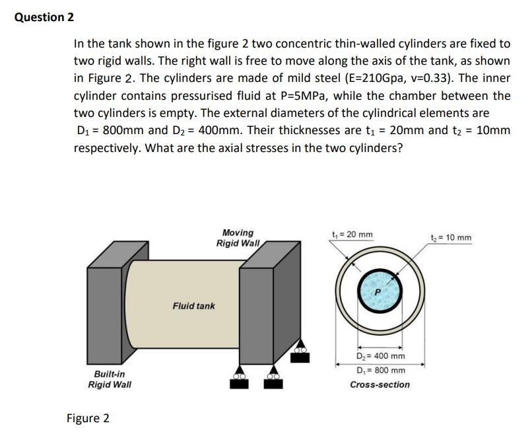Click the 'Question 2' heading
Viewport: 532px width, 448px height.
point(44,17)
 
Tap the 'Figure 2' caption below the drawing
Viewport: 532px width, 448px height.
point(88,418)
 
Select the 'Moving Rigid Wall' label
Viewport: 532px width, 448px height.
point(238,237)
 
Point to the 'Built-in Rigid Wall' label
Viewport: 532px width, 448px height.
point(110,379)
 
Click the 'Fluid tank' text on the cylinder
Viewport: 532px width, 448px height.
point(193,306)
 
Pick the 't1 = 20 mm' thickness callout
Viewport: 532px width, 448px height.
point(352,235)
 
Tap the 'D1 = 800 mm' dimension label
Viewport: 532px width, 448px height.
point(380,370)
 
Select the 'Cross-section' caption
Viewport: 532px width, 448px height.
point(380,385)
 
